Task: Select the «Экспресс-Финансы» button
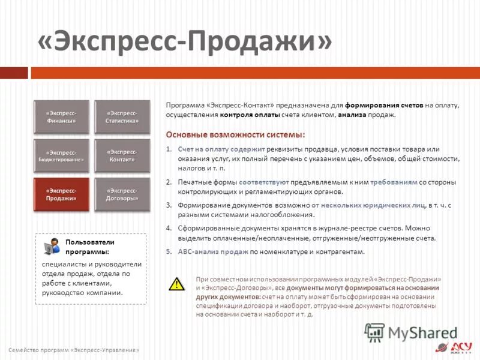pos(61,117)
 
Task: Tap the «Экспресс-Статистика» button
pos(122,117)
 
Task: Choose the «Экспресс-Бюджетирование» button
pos(61,156)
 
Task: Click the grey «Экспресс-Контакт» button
pos(122,156)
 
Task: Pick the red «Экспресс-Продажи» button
pos(61,194)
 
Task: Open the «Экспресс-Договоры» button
pos(122,194)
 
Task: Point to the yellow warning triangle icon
pos(176,284)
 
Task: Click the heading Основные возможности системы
pos(235,134)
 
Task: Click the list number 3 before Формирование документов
pos(169,205)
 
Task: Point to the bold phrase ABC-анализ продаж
pos(213,252)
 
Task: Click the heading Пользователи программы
pos(90,247)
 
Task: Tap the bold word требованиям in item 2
pos(393,182)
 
